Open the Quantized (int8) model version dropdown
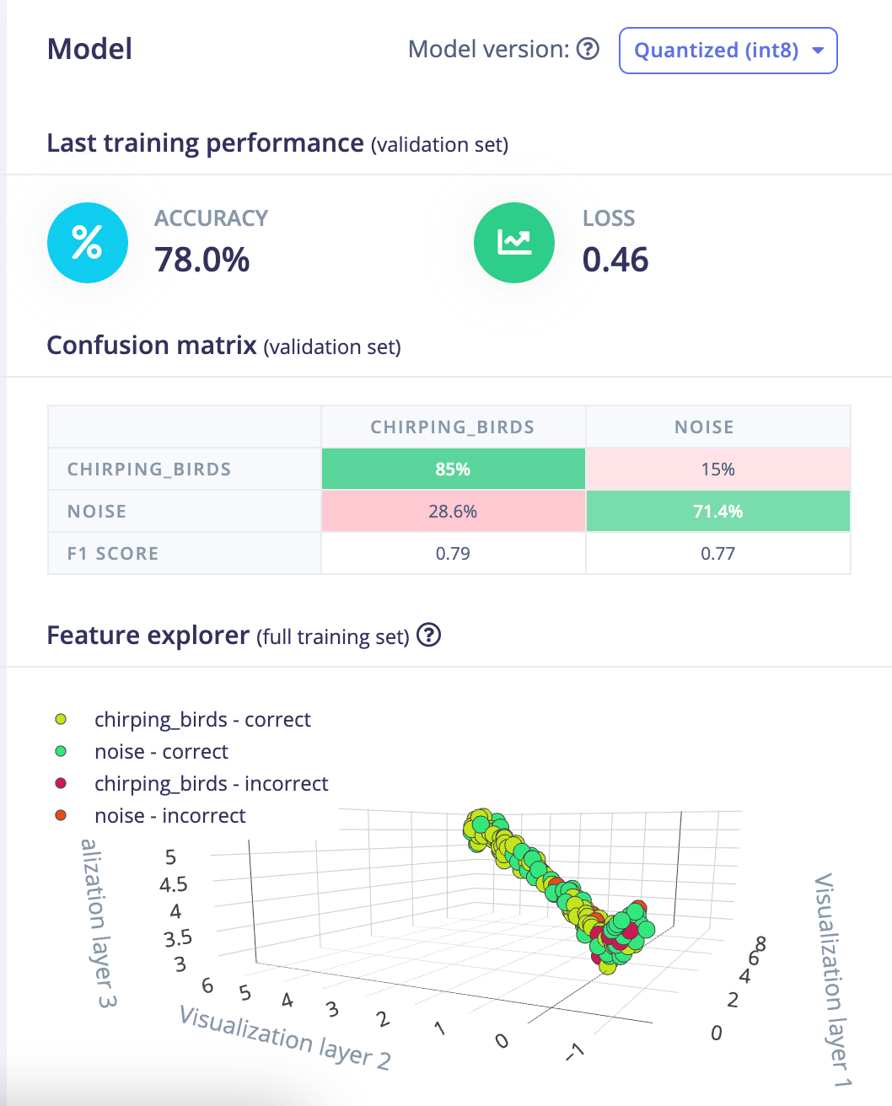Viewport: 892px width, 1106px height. tap(728, 51)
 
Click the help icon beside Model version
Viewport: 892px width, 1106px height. tap(588, 49)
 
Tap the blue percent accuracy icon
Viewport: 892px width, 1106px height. tap(88, 243)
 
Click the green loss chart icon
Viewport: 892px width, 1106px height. tap(514, 243)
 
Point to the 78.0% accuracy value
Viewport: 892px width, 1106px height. tap(202, 260)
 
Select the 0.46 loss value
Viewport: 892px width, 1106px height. tap(615, 260)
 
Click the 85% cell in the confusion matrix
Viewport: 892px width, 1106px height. tap(453, 470)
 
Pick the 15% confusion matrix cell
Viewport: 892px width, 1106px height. tap(717, 470)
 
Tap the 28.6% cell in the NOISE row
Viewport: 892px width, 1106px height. tap(453, 512)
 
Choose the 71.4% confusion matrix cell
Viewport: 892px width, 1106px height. tap(717, 512)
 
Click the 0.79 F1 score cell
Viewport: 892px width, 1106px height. tap(453, 554)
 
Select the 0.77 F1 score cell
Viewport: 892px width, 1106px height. tap(717, 554)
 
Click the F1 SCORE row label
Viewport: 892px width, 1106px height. tap(113, 554)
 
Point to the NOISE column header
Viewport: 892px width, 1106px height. tap(704, 427)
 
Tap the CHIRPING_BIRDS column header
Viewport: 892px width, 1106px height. tap(453, 427)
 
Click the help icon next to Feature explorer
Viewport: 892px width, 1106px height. tap(429, 635)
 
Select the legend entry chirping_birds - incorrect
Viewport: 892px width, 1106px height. tap(211, 784)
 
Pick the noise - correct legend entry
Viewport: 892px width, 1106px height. tap(161, 752)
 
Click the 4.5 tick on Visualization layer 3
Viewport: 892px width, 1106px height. tap(174, 884)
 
